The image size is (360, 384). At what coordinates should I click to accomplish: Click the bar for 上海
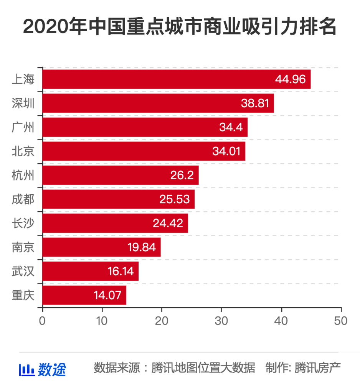pyautogui.click(x=177, y=79)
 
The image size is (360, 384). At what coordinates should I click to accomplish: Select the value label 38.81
pyautogui.click(x=257, y=103)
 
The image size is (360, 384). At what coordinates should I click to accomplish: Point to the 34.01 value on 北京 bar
pyautogui.click(x=229, y=151)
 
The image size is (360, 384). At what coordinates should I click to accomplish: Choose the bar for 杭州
pyautogui.click(x=121, y=175)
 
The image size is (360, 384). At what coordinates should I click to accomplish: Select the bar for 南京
pyautogui.click(x=102, y=247)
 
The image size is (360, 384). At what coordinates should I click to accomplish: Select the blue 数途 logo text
pyautogui.click(x=52, y=369)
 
